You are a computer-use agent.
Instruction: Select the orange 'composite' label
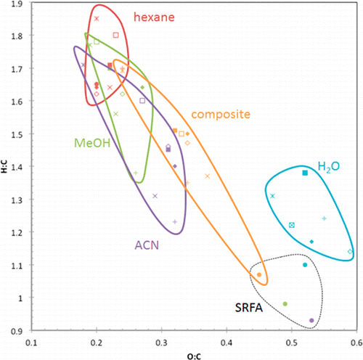coord(221,115)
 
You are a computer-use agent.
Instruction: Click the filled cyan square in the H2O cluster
coord(305,173)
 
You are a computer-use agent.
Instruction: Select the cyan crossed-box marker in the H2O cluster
coord(292,225)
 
